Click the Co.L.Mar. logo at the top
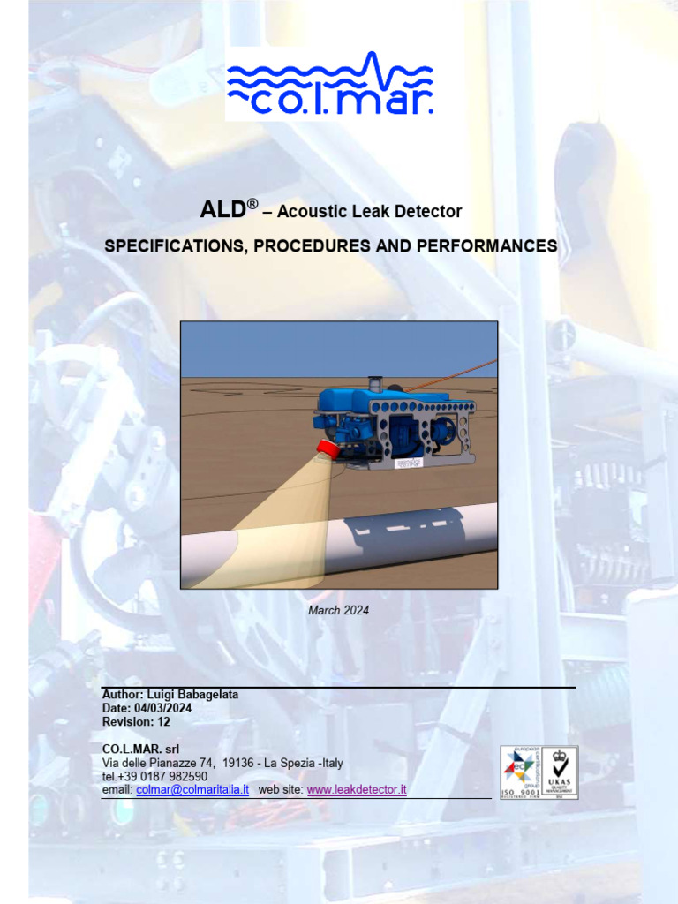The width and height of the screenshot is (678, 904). tap(330, 83)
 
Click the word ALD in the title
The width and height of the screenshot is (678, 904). tap(225, 210)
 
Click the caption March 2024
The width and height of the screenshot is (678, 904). tap(338, 610)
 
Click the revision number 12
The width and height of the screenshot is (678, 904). tap(163, 721)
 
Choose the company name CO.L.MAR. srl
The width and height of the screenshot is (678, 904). tap(140, 750)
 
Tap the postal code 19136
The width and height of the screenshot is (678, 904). tap(238, 763)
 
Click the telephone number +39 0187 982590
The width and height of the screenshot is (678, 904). tap(163, 776)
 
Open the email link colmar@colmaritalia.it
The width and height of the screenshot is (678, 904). tap(192, 789)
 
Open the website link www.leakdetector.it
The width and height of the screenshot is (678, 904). tap(356, 789)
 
